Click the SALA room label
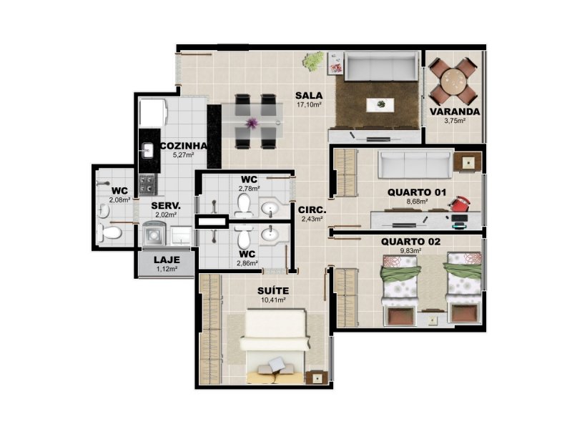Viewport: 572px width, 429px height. pyautogui.click(x=309, y=96)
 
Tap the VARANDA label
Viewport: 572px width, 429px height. pyautogui.click(x=455, y=112)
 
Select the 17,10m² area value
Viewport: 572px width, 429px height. pyautogui.click(x=309, y=105)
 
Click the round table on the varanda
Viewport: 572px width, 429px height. pyautogui.click(x=453, y=82)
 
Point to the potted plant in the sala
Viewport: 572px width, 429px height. pyautogui.click(x=313, y=61)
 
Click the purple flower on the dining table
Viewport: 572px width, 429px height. pyautogui.click(x=252, y=123)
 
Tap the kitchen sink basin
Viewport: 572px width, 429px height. pyautogui.click(x=147, y=150)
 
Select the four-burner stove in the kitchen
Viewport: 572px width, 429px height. pyautogui.click(x=147, y=184)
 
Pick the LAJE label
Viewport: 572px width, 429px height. pyautogui.click(x=167, y=260)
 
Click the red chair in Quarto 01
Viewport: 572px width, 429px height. pyautogui.click(x=460, y=204)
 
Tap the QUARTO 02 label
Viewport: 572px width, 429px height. pyautogui.click(x=410, y=242)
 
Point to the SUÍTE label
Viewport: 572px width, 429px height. pyautogui.click(x=273, y=291)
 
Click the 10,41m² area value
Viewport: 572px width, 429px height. pyautogui.click(x=273, y=300)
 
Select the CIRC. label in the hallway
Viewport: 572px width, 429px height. pyautogui.click(x=312, y=210)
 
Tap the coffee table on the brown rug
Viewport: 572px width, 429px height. pyautogui.click(x=380, y=105)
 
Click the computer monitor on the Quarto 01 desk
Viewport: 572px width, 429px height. pyautogui.click(x=460, y=218)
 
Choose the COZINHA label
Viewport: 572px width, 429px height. pyautogui.click(x=184, y=146)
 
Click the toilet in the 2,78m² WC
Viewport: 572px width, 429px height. pyautogui.click(x=242, y=205)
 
